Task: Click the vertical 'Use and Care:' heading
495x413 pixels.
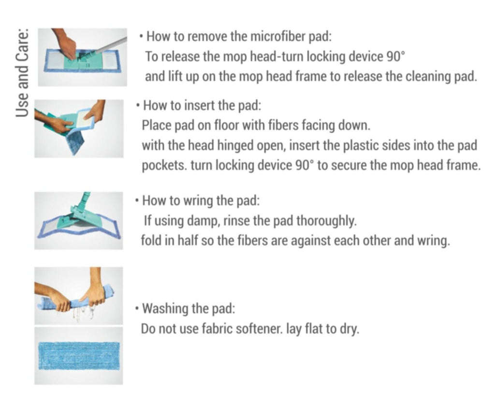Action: coord(22,73)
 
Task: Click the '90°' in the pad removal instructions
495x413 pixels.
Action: coord(395,57)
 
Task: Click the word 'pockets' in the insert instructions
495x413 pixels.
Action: coord(164,166)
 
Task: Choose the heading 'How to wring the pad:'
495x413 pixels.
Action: coord(201,201)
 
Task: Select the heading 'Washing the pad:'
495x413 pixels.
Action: coord(189,308)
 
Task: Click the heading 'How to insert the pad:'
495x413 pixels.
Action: coord(202,106)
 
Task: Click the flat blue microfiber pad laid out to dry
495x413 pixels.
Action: coord(79,356)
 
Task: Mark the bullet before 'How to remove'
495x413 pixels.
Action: coord(142,37)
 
